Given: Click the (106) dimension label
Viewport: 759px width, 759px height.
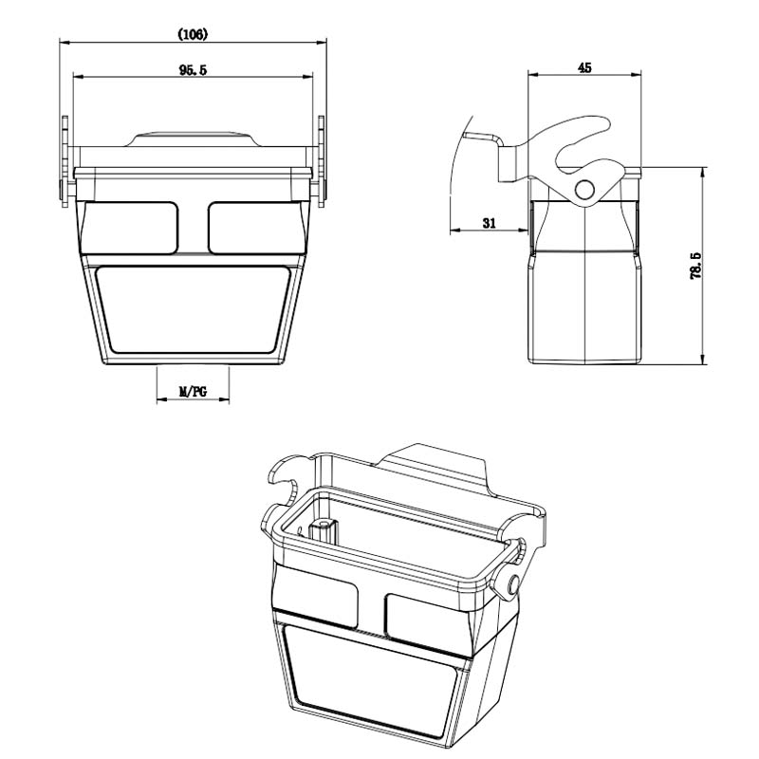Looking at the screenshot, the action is click(193, 34).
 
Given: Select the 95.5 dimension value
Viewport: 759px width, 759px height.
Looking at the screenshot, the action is click(193, 70).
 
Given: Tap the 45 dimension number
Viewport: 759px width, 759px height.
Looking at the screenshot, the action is click(584, 67).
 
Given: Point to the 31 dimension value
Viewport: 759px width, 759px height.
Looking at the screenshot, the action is click(490, 223).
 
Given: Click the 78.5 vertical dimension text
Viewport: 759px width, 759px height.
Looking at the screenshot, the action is click(695, 266).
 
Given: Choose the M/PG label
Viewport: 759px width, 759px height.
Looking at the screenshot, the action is click(193, 391).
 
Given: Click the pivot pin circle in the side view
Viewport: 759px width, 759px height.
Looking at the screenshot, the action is click(585, 189).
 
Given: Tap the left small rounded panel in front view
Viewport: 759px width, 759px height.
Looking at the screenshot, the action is click(131, 228).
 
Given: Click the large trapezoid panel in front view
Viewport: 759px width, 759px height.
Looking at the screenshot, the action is click(193, 309).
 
